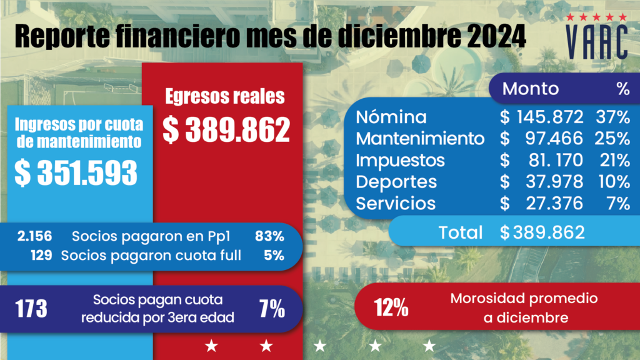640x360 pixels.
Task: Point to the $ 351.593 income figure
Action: click(76, 173)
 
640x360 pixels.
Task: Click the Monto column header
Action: click(531, 89)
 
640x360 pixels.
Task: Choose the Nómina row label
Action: click(391, 117)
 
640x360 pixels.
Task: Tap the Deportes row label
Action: click(397, 182)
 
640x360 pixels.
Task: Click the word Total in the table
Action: click(461, 232)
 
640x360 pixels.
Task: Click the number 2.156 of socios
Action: click(35, 236)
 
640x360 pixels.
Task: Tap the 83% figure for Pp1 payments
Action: click(269, 236)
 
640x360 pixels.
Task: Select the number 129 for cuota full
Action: click(42, 255)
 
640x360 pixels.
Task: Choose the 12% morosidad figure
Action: click(391, 308)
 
